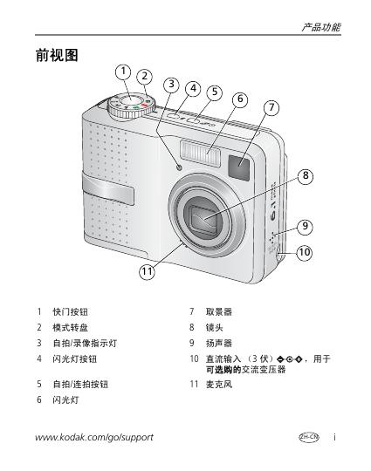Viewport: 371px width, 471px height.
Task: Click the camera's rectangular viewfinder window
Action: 238,167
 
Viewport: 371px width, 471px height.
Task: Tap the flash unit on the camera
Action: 200,154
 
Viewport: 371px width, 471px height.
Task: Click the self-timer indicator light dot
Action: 180,167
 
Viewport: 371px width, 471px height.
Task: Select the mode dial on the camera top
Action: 132,106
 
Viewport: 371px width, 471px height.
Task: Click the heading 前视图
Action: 57,55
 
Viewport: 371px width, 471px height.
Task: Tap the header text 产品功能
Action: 321,28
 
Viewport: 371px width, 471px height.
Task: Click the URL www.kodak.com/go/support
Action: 94,437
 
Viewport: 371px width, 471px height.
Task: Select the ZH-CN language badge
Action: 309,437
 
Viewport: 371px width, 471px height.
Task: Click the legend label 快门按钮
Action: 71,311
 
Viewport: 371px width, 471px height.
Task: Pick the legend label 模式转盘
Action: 71,327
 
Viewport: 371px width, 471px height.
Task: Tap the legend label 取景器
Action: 219,311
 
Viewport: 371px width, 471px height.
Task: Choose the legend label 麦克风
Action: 219,384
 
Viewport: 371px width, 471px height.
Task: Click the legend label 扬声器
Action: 219,343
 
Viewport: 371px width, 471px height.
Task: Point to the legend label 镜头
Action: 215,327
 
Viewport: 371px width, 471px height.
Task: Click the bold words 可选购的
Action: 223,370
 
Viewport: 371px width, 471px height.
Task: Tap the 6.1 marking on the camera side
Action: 273,212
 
